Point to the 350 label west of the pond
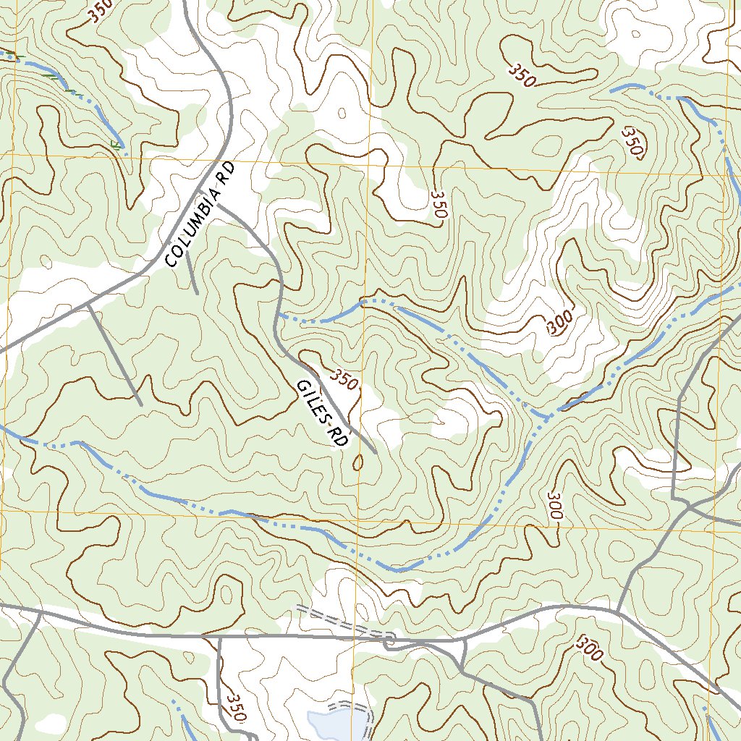tap(236, 708)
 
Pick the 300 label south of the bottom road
tap(590, 648)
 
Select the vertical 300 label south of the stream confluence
tap(555, 506)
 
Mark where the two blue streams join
tap(546, 417)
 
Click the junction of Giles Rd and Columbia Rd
tap(219, 206)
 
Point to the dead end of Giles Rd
tap(375, 454)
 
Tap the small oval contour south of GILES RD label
tap(358, 462)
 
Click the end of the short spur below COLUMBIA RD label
tap(197, 292)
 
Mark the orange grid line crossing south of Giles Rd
tap(360, 515)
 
